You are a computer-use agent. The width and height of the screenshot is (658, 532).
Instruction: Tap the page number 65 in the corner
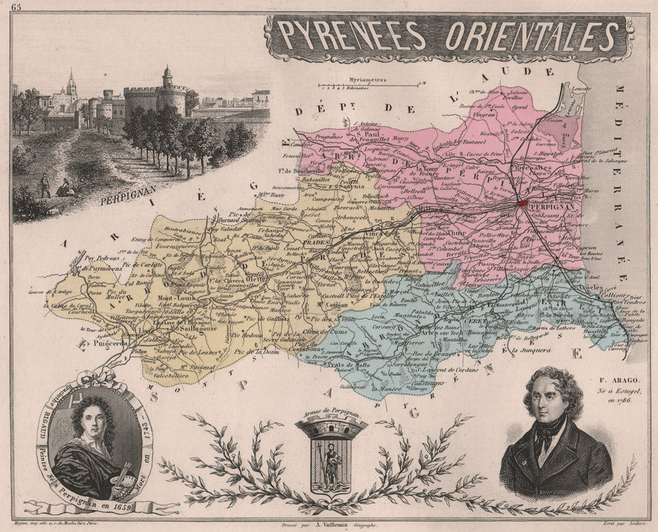click(15, 7)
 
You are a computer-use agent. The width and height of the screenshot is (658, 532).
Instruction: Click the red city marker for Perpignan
click(523, 204)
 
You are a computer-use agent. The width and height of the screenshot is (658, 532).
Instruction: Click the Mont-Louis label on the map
click(174, 297)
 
